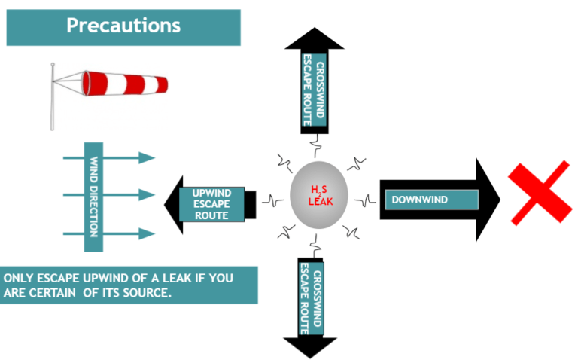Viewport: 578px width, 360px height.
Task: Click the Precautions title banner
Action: [123, 26]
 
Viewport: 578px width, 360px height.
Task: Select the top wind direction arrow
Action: [143, 157]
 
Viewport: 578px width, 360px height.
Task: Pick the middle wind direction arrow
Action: [143, 195]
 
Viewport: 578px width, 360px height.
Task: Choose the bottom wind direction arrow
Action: [143, 233]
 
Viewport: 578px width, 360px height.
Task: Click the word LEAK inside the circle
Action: [321, 203]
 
